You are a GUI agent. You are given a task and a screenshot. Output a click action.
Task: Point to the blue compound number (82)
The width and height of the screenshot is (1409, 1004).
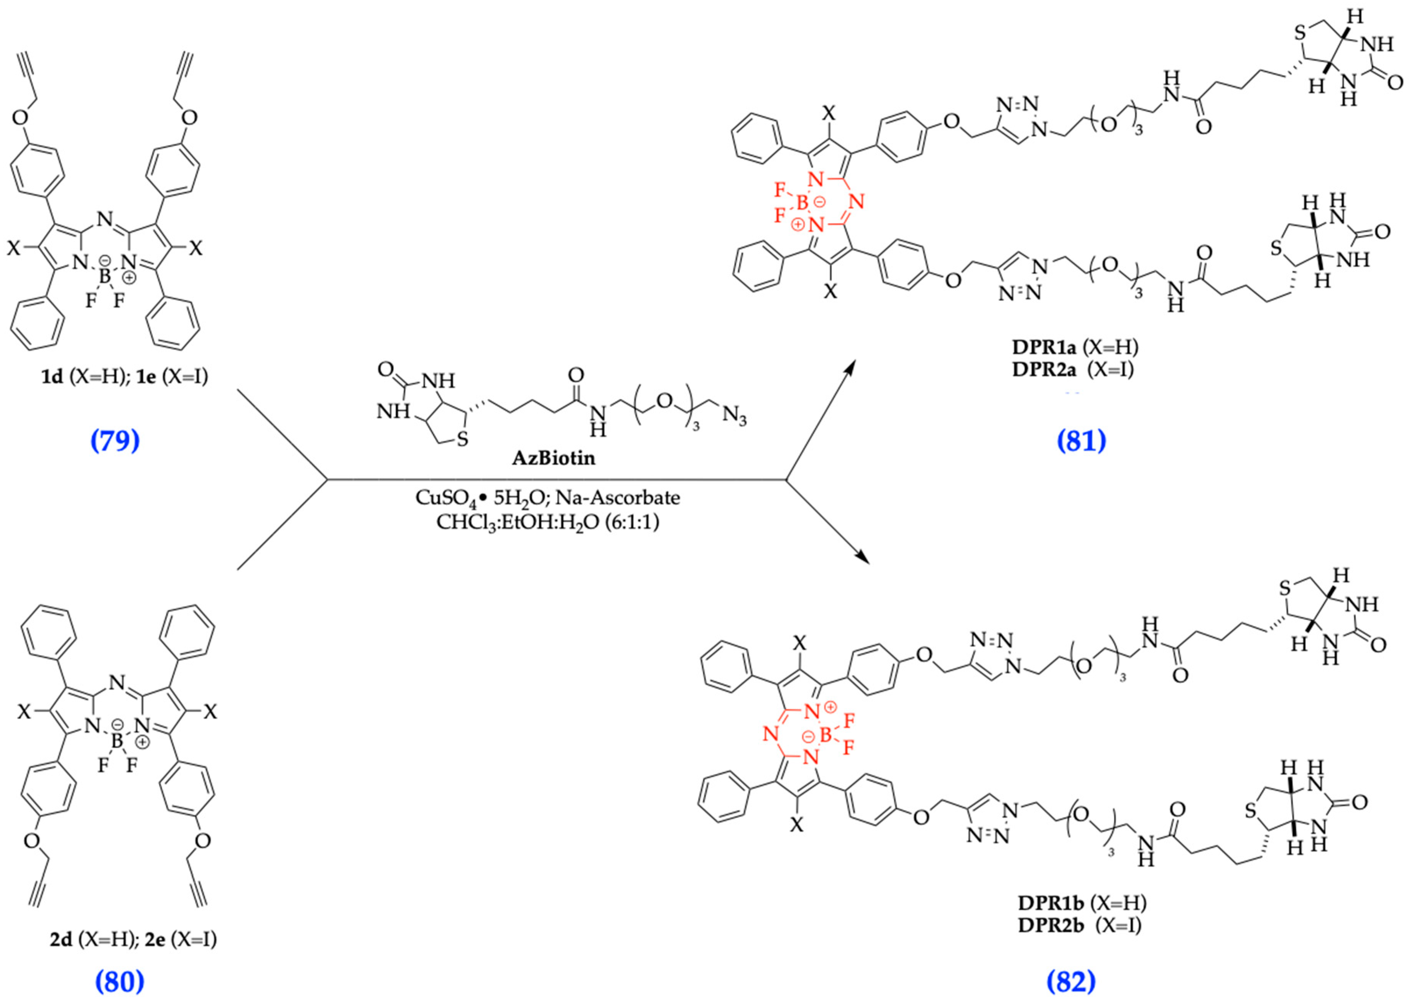click(x=1071, y=981)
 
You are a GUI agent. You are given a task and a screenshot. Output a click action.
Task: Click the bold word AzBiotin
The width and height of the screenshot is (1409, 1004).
click(x=553, y=458)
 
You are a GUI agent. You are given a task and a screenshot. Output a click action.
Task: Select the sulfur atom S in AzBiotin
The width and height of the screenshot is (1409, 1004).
click(x=462, y=440)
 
